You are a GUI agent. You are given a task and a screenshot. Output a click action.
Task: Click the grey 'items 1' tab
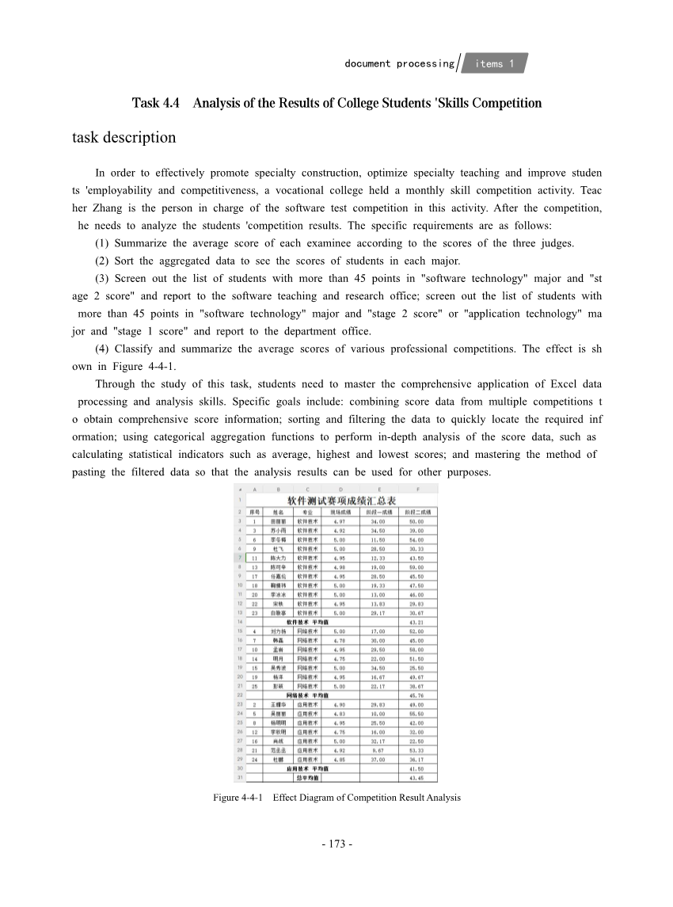tap(495, 63)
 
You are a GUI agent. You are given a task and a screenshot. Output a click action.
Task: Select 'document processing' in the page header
tap(399, 63)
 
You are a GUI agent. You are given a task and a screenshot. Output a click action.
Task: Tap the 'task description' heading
tap(124, 137)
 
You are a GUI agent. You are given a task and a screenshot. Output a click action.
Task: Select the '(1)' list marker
tap(102, 243)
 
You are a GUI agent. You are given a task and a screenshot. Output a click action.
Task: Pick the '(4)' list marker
tap(102, 349)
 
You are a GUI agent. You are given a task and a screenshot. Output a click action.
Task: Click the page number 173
tap(336, 844)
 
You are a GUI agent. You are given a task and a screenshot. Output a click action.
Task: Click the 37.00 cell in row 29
tap(376, 759)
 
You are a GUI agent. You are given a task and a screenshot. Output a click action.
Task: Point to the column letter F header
tap(417, 490)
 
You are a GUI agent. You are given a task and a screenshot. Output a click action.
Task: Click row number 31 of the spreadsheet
tap(239, 777)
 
